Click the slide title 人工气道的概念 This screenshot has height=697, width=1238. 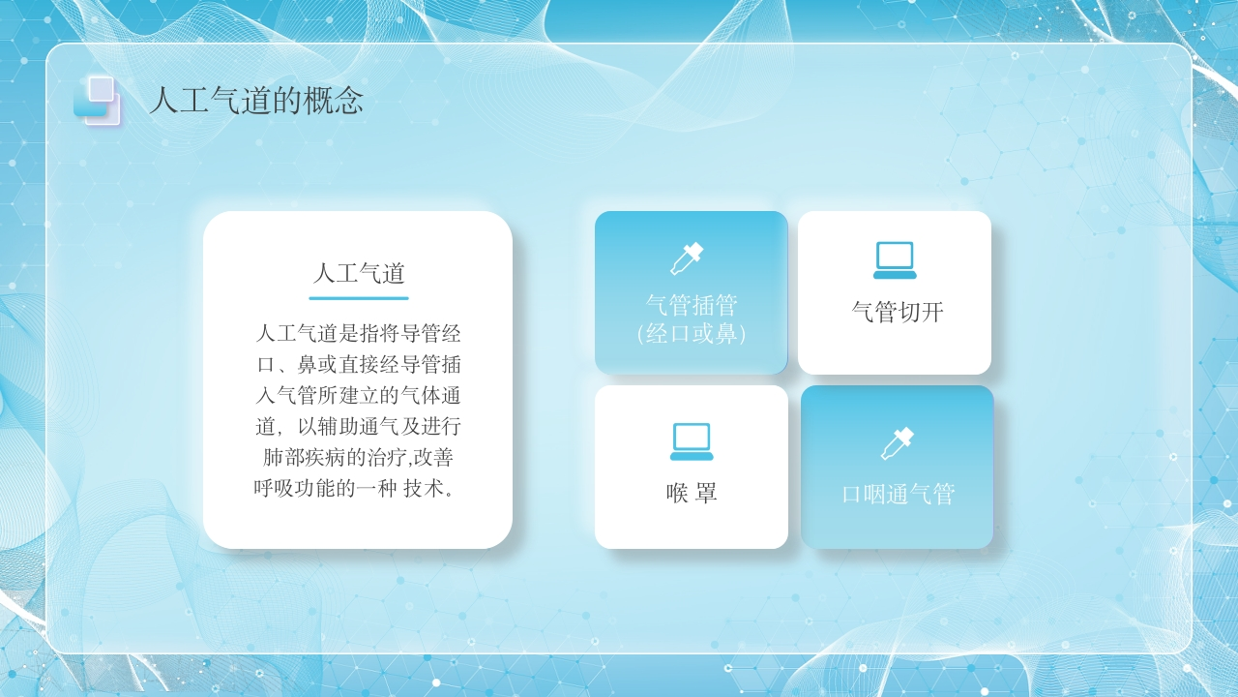[x=256, y=101]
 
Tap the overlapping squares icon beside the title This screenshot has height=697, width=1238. [x=97, y=101]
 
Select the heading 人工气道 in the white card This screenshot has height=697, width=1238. [x=359, y=273]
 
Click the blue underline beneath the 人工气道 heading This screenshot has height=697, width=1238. [x=359, y=298]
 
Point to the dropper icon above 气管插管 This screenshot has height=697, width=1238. [x=687, y=258]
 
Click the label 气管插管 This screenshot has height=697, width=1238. [x=692, y=305]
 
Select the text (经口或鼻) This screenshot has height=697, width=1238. [x=692, y=334]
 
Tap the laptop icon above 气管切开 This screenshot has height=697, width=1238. [x=895, y=260]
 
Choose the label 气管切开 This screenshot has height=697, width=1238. [x=898, y=312]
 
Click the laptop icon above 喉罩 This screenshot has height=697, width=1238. [x=692, y=441]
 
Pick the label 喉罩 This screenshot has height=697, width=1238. [x=692, y=493]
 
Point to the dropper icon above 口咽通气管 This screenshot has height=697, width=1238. [x=897, y=443]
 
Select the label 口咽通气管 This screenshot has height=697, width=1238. [x=899, y=494]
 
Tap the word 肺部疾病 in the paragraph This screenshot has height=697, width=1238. [x=303, y=458]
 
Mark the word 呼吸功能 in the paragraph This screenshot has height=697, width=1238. [x=295, y=488]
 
